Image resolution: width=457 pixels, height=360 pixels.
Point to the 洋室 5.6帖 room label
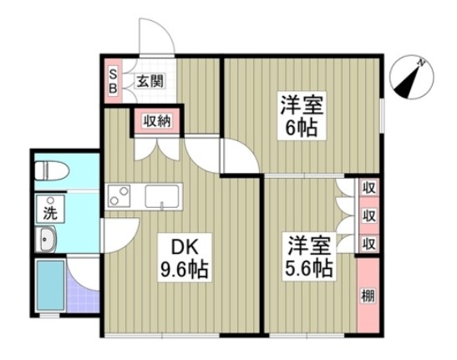[x=311, y=257]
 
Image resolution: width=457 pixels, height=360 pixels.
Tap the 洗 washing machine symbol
[x=50, y=210]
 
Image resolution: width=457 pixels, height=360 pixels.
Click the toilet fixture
[x=53, y=170]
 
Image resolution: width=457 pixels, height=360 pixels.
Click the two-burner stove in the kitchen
[x=120, y=197]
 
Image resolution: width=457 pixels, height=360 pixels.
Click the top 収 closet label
[x=368, y=187]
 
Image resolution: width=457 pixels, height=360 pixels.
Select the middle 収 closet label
[x=368, y=215]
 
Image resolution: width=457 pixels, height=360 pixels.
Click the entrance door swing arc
[x=155, y=38]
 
